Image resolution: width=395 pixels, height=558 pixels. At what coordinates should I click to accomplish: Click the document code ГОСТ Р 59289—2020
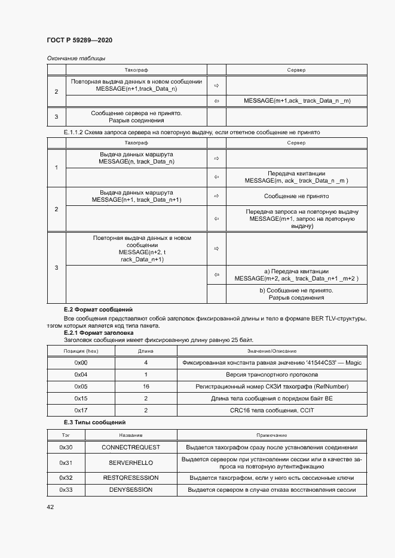79,40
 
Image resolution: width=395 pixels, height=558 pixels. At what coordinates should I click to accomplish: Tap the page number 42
50,507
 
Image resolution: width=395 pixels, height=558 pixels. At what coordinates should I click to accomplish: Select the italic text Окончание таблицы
76,58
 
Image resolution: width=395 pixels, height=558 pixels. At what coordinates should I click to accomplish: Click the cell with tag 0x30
66,447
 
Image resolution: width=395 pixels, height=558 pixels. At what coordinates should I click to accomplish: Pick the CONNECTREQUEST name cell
127,447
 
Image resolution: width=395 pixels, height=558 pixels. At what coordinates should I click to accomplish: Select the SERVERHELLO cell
130,463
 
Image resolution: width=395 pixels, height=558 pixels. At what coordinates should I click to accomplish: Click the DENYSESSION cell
130,490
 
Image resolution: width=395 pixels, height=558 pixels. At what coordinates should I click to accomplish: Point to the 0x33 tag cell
66,490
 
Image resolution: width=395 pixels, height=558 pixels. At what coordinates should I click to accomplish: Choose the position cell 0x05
81,387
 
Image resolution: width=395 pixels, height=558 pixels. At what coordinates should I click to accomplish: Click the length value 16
146,387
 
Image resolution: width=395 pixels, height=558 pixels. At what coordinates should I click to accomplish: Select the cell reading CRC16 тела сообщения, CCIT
272,410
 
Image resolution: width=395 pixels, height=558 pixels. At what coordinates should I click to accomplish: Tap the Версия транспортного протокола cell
272,375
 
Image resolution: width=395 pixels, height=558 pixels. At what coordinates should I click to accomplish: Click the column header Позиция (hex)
81,351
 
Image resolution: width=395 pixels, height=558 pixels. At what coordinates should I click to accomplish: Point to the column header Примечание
272,436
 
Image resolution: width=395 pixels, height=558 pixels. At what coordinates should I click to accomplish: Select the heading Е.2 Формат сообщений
98,310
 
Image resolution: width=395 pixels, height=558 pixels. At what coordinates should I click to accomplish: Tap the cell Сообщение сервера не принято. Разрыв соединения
136,116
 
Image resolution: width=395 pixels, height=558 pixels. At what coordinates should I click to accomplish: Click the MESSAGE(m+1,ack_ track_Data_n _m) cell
297,101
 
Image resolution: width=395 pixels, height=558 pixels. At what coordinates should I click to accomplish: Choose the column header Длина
146,351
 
